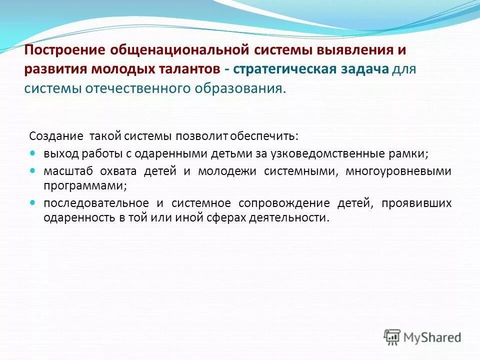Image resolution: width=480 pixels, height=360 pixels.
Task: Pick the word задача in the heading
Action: [x=364, y=69]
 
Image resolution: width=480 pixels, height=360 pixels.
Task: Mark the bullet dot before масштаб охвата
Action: [x=33, y=170]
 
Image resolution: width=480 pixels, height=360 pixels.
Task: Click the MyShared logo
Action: [x=422, y=337]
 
